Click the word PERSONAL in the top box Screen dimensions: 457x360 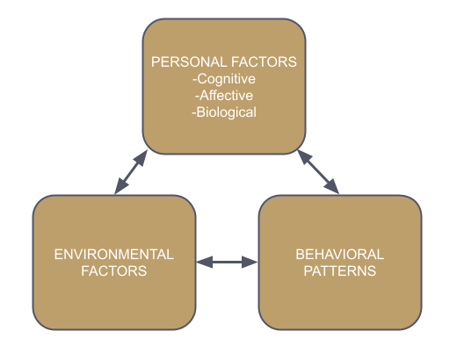pyautogui.click(x=189, y=62)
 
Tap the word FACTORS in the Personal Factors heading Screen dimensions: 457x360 pyautogui.click(x=264, y=62)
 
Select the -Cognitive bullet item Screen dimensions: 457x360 pyautogui.click(x=224, y=79)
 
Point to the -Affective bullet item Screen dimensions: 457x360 pyautogui.click(x=224, y=96)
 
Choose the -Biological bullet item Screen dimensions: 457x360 pyautogui.click(x=224, y=112)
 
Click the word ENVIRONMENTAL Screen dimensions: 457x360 pyautogui.click(x=114, y=255)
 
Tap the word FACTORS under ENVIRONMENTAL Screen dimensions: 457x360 pyautogui.click(x=114, y=271)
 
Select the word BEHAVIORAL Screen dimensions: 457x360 pyautogui.click(x=340, y=255)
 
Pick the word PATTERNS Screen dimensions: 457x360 pyautogui.click(x=340, y=271)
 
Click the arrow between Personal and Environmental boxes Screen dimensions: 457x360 pyautogui.click(x=131, y=172)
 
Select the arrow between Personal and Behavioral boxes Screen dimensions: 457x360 pyautogui.click(x=318, y=172)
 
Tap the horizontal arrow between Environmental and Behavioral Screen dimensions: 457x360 pyautogui.click(x=227, y=262)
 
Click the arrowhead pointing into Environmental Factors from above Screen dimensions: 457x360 pyautogui.click(x=120, y=186)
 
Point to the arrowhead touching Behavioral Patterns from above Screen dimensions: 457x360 pyautogui.click(x=332, y=187)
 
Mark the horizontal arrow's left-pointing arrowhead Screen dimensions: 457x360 pyautogui.click(x=204, y=262)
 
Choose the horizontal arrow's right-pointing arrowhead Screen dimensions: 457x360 pyautogui.click(x=250, y=262)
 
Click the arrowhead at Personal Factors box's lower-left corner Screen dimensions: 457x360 pyautogui.click(x=141, y=158)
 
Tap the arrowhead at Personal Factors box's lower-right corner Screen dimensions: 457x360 pyautogui.click(x=304, y=157)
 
